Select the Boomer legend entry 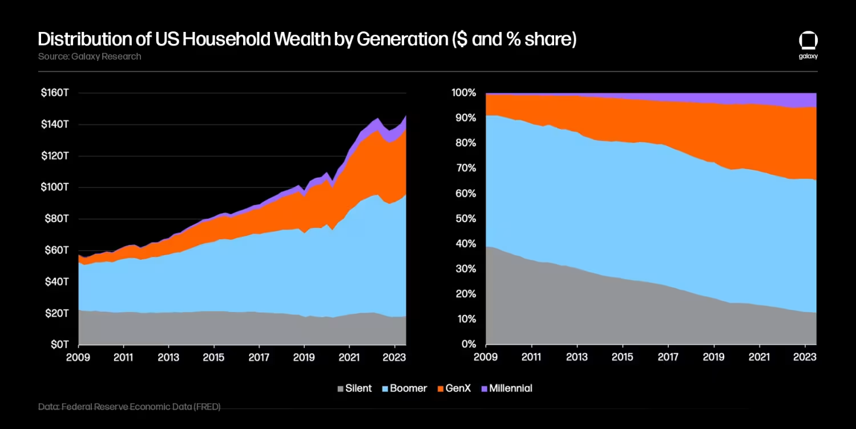(403, 389)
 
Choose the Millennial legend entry (506, 389)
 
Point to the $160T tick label (55, 93)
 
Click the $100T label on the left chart (55, 187)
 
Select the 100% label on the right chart (463, 93)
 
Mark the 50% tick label (466, 219)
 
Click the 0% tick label (468, 345)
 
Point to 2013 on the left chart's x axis (168, 357)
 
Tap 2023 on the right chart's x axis (805, 357)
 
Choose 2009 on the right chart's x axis (486, 357)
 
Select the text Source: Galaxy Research (90, 56)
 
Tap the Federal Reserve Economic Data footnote (130, 407)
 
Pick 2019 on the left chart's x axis (304, 357)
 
